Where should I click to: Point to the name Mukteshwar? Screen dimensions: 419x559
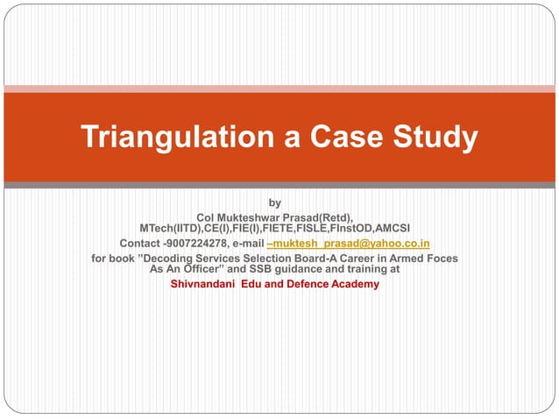(x=250, y=217)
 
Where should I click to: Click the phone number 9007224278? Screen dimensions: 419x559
(x=195, y=243)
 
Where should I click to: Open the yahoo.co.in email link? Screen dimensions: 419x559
(x=350, y=243)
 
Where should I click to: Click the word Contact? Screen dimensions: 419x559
(x=139, y=243)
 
